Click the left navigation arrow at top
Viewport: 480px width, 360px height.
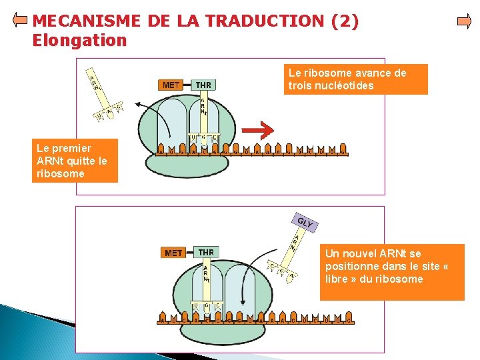pyautogui.click(x=20, y=21)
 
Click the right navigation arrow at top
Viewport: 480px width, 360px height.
pyautogui.click(x=463, y=21)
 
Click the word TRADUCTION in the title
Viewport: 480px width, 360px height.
pyautogui.click(x=267, y=21)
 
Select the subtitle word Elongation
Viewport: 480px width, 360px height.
pyautogui.click(x=79, y=41)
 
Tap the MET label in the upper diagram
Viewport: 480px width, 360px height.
pyautogui.click(x=171, y=85)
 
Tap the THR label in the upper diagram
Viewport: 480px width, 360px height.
pyautogui.click(x=203, y=85)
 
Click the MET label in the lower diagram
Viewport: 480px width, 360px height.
pyautogui.click(x=173, y=253)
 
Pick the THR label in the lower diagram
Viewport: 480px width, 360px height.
pyautogui.click(x=206, y=252)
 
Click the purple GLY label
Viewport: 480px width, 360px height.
pyautogui.click(x=305, y=223)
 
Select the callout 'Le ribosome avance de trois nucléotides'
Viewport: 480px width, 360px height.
pyautogui.click(x=355, y=79)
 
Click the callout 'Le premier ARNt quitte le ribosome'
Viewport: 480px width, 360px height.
pyautogui.click(x=75, y=160)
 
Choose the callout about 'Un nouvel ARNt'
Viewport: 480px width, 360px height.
pyautogui.click(x=391, y=273)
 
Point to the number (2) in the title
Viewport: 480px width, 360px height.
pyautogui.click(x=345, y=21)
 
